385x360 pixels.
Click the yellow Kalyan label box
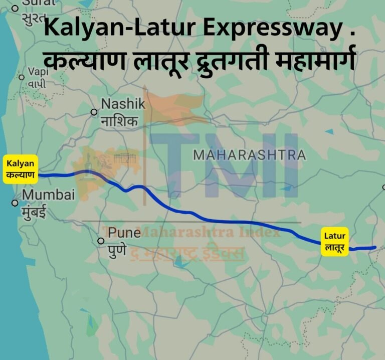click(21, 169)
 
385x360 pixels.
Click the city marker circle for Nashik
click(94, 112)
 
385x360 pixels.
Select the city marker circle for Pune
click(101, 241)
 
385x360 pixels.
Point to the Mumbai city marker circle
click(15, 203)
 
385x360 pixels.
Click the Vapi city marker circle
click(22, 77)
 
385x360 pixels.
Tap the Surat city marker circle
click(15, 8)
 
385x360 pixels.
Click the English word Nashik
click(123, 104)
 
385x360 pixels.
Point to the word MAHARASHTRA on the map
click(249, 155)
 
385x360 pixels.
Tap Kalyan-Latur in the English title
click(116, 29)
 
